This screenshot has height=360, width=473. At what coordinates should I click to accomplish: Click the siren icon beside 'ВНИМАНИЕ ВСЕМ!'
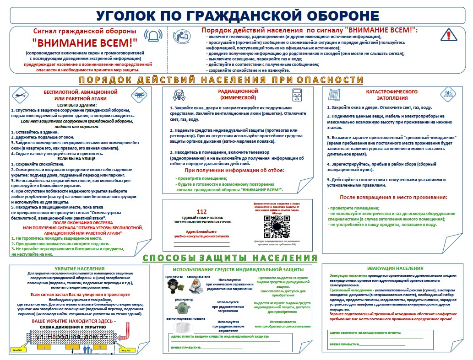pyautogui.click(x=153, y=36)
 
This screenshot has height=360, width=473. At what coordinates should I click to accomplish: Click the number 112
pyautogui.click(x=202, y=211)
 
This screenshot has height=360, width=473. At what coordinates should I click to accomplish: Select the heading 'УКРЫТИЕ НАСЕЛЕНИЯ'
pyautogui.click(x=79, y=269)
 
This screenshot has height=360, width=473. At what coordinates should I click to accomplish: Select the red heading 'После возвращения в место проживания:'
pyautogui.click(x=393, y=197)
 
